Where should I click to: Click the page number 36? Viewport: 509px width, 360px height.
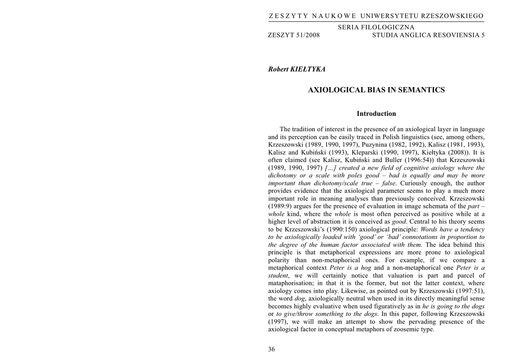click(271, 349)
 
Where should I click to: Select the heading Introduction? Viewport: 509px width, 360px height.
click(376, 114)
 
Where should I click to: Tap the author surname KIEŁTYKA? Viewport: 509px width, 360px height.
click(311, 69)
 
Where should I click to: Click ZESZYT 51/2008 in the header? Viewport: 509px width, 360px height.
click(294, 35)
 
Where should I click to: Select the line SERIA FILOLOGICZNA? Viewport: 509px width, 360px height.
click(376, 27)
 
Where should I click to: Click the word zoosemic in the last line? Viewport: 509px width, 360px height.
click(388, 330)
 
